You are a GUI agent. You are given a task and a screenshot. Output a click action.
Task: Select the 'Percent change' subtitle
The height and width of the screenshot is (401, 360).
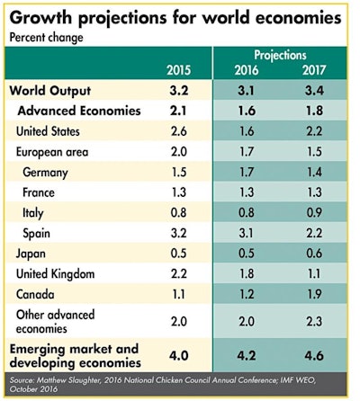click(x=46, y=38)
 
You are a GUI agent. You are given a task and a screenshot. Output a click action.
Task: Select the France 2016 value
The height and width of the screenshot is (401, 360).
click(x=245, y=192)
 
